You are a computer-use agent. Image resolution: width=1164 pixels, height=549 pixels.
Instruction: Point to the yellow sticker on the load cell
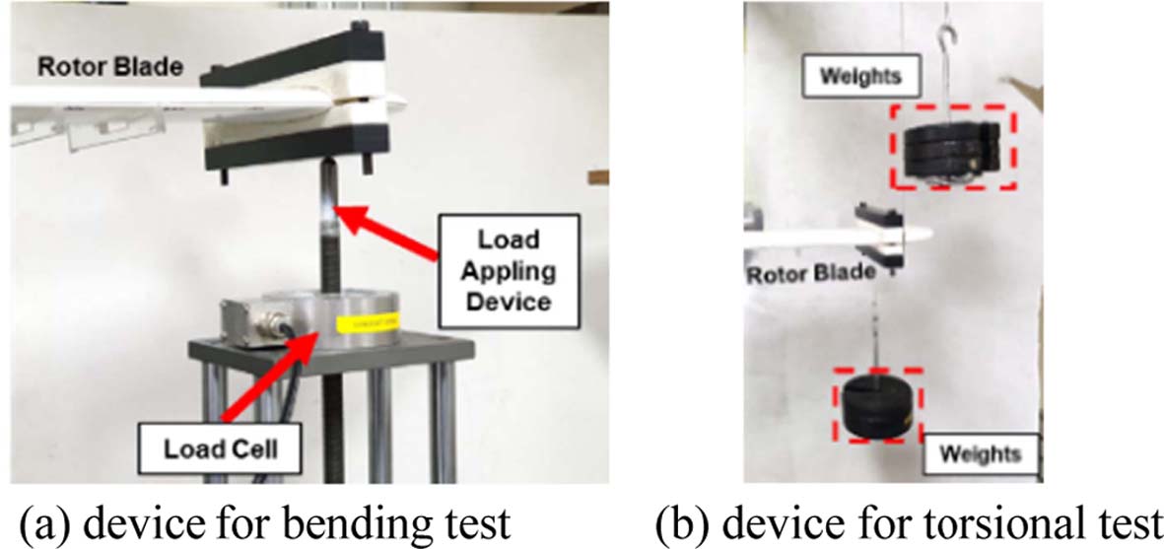point(370,322)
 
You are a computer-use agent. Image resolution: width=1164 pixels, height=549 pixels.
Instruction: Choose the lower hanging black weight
point(879,404)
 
